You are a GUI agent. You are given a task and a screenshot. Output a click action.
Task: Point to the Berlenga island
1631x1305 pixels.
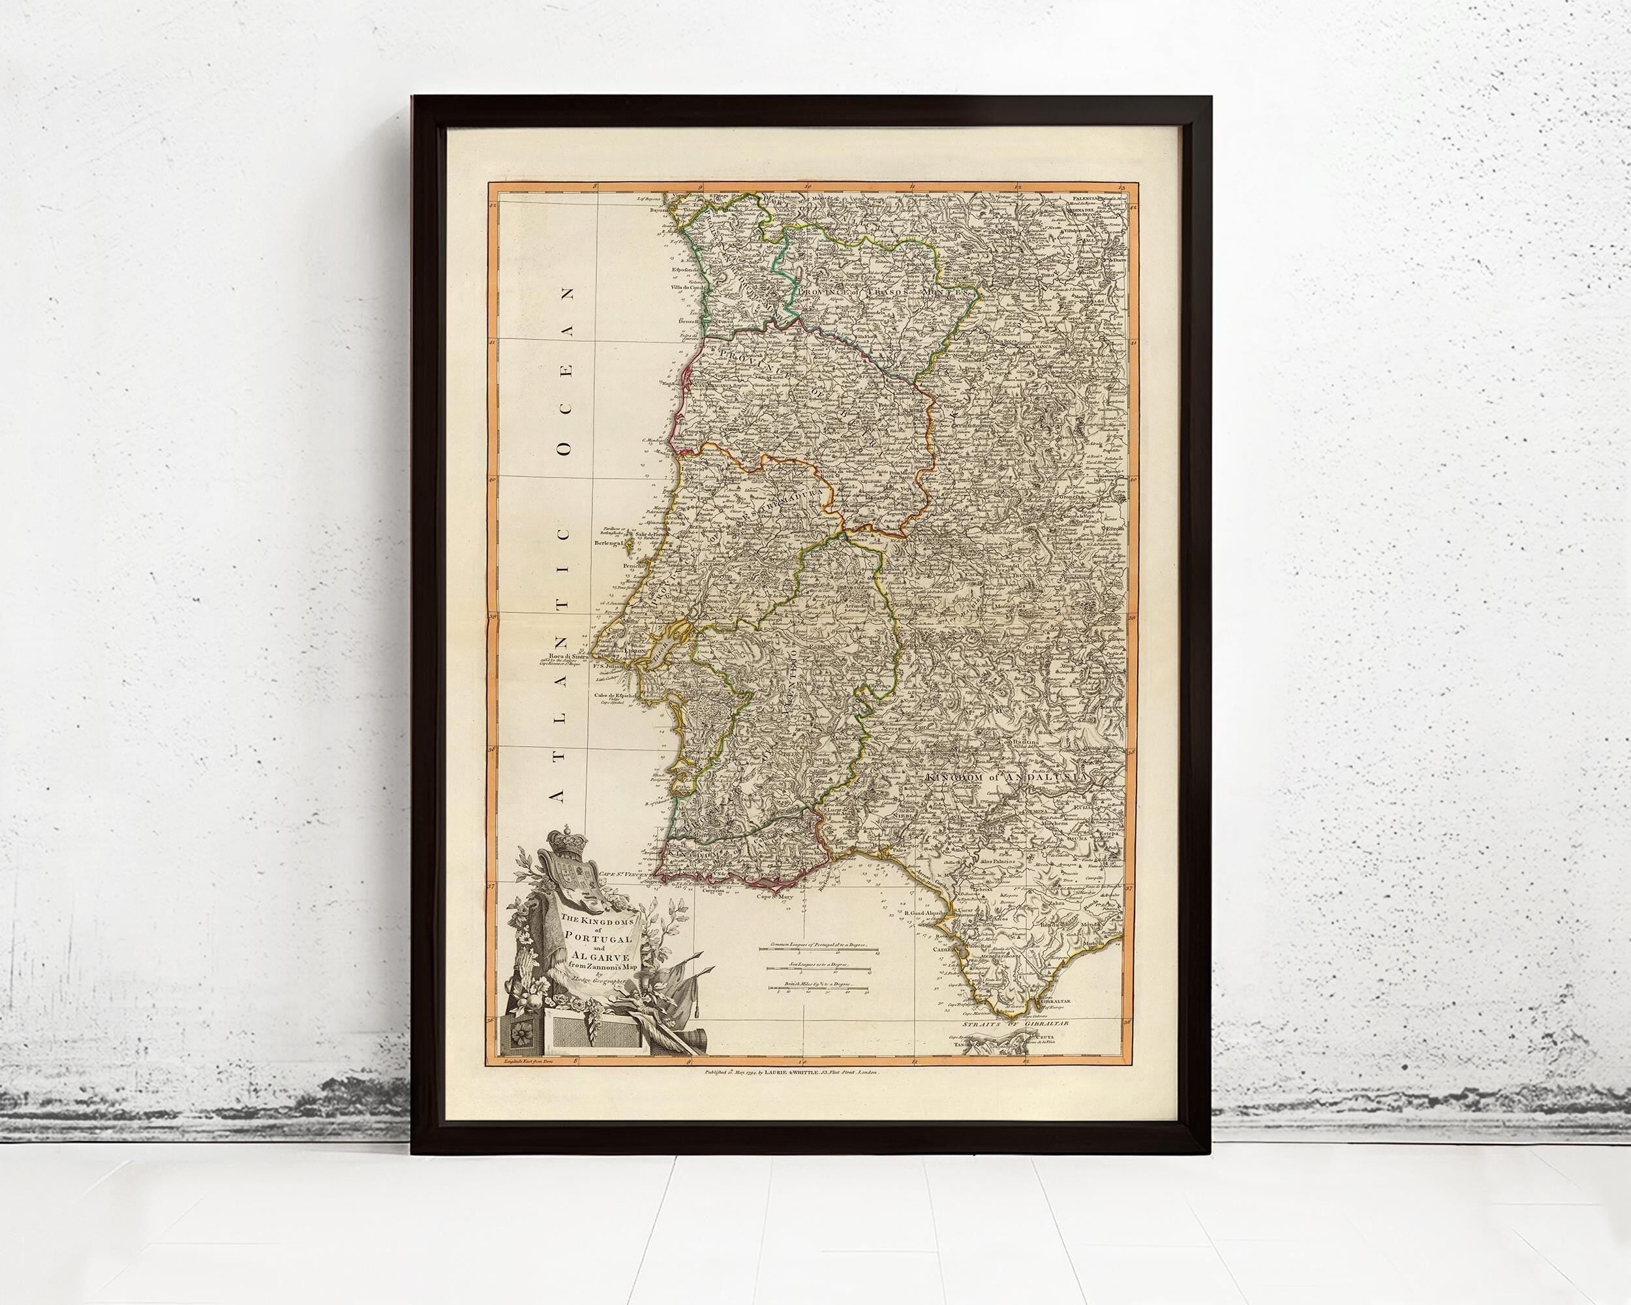click(611, 542)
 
